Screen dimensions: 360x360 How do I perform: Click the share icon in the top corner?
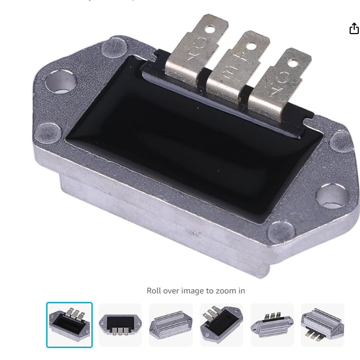coord(354,29)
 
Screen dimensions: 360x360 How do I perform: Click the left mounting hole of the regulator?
coord(60,82)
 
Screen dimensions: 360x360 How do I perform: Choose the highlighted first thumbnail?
coord(69,325)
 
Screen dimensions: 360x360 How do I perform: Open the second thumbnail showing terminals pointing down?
coord(120,325)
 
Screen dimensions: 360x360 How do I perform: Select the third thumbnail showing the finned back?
coord(171,325)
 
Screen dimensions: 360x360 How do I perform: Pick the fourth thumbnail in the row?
coord(221,325)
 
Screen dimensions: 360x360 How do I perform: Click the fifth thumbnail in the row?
coord(272,325)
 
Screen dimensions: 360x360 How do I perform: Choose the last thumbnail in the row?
coord(322,325)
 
